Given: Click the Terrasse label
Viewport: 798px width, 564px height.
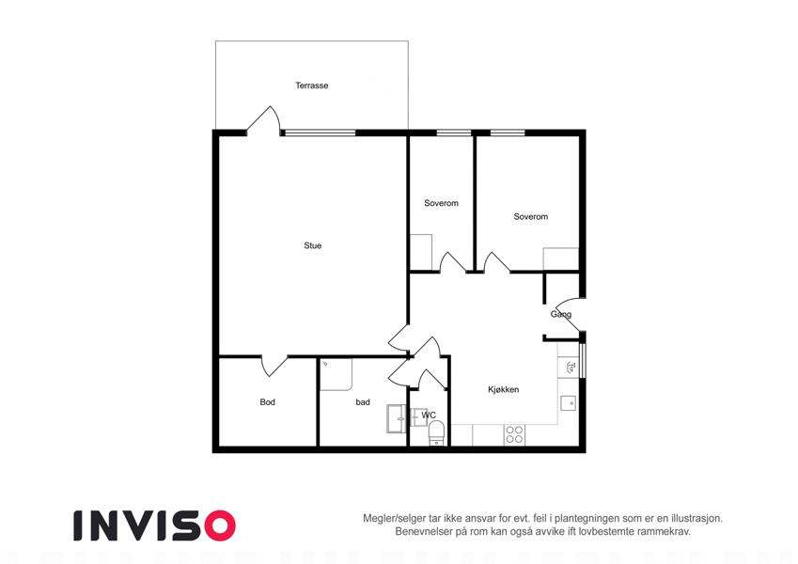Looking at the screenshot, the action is (x=311, y=86).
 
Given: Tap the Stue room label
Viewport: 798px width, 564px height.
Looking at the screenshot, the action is (x=312, y=245).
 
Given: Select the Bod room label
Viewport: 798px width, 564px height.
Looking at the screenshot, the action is (x=267, y=402).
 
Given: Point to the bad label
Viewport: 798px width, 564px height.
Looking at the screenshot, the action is (x=363, y=402).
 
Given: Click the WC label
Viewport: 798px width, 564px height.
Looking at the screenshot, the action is (x=429, y=415).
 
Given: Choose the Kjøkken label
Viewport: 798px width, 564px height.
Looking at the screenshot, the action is (x=503, y=389).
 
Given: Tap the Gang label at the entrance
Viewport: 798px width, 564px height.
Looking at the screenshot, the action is (x=561, y=314).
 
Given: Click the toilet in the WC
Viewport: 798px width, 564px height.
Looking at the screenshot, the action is (x=437, y=433).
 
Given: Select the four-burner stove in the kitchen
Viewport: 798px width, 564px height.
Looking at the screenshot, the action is (x=514, y=434).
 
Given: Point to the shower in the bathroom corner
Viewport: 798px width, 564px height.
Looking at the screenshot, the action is (x=336, y=375).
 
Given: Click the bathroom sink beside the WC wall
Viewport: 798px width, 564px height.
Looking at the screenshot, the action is (x=397, y=418).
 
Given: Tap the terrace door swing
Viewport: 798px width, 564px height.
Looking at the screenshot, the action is (x=263, y=120).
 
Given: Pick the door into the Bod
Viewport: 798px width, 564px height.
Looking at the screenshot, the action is (x=274, y=366).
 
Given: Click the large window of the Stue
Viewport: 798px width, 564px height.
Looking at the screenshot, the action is (x=320, y=133).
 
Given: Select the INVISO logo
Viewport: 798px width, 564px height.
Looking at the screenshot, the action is (x=155, y=525).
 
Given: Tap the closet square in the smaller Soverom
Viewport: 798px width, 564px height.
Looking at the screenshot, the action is (x=421, y=252).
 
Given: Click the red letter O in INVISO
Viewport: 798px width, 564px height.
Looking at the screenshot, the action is (x=220, y=525).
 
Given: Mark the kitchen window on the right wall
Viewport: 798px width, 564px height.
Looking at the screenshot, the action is (x=583, y=361).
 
